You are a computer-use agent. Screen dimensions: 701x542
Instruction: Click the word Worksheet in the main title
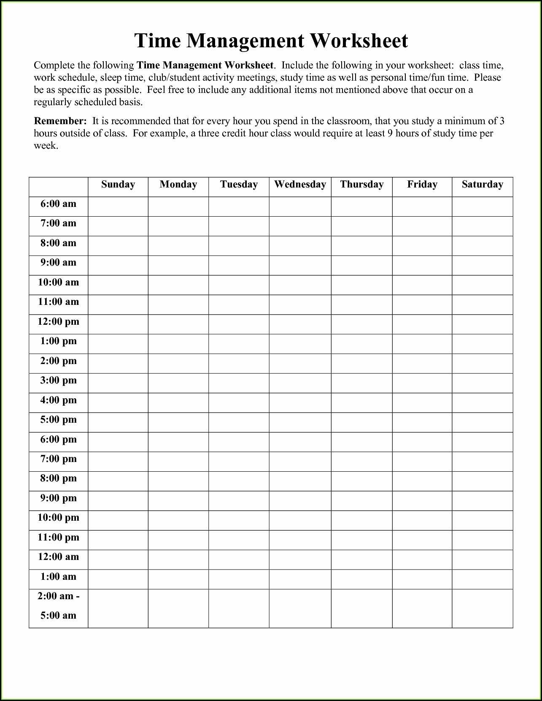[x=359, y=41]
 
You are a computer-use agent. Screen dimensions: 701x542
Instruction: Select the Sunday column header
[x=118, y=185]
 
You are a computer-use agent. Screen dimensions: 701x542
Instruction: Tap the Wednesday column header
[x=300, y=185]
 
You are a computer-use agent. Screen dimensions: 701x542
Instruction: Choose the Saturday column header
[x=482, y=185]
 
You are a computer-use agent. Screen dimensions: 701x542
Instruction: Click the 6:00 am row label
[x=58, y=204]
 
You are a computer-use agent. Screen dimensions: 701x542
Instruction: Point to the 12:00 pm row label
[x=58, y=322]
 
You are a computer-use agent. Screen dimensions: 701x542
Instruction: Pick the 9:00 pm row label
[x=58, y=498]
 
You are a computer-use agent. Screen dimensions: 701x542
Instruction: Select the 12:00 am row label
[x=58, y=557]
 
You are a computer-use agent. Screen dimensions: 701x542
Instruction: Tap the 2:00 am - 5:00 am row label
[x=58, y=606]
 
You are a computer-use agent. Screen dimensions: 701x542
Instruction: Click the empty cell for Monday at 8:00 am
[x=178, y=246]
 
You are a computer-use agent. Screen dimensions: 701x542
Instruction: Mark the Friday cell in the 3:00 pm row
[x=422, y=383]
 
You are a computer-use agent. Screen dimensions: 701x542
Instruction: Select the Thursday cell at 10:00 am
[x=361, y=285]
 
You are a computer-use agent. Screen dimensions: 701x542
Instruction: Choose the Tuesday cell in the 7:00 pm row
[x=239, y=462]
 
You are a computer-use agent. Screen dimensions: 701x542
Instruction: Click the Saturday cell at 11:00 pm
[x=482, y=540]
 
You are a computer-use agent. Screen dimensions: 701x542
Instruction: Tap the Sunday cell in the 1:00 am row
[x=118, y=579]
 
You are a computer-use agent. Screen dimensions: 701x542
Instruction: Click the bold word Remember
[x=60, y=121]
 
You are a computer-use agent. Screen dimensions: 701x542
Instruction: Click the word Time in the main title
[x=157, y=41]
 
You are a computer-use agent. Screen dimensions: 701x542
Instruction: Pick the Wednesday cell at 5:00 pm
[x=300, y=422]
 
